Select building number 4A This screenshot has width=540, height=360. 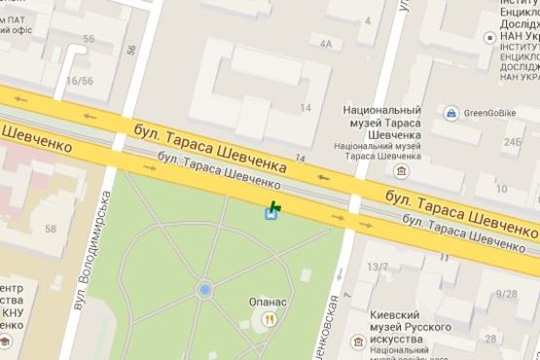326,44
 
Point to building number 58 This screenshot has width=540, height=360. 50,229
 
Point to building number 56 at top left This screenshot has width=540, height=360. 90,39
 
